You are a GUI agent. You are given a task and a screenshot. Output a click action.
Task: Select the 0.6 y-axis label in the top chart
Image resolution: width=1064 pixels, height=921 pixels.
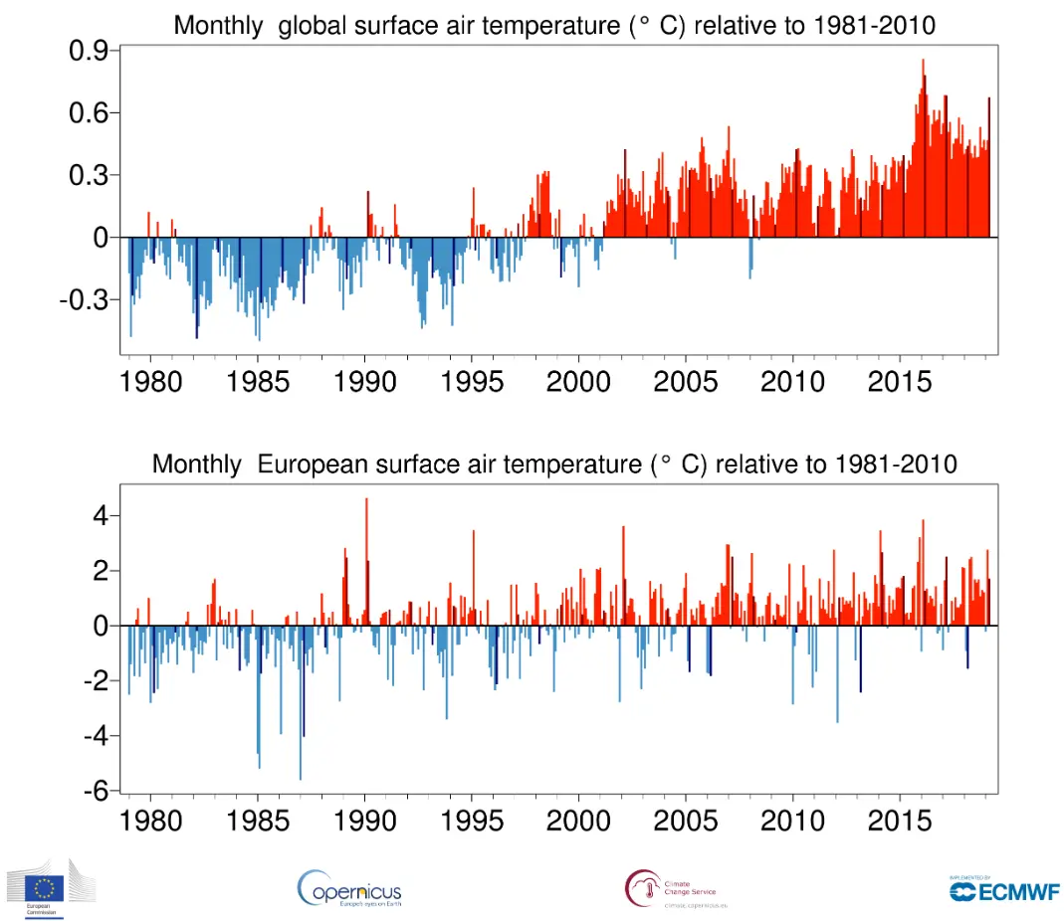click(91, 113)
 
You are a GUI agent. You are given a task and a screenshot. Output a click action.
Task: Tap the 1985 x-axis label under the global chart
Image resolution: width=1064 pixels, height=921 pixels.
click(258, 381)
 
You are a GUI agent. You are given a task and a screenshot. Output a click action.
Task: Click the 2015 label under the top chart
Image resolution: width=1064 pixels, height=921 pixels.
click(900, 381)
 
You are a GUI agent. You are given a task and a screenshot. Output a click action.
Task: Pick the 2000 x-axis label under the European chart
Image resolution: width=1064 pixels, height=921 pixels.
click(578, 821)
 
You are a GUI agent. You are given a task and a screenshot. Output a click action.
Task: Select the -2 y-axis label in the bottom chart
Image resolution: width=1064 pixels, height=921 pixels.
click(95, 681)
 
